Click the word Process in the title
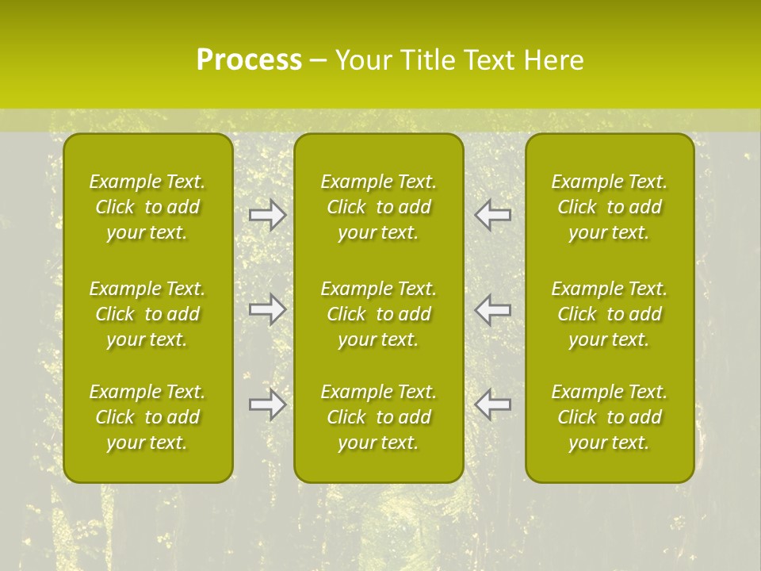[x=249, y=60]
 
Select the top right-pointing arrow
[x=268, y=214]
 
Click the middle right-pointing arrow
[x=268, y=309]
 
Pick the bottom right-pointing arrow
[x=268, y=404]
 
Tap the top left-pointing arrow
[x=492, y=214]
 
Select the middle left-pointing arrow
[x=492, y=309]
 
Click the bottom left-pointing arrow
[x=492, y=404]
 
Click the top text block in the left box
[x=147, y=207]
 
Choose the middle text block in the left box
[x=147, y=314]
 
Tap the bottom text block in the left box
[x=147, y=417]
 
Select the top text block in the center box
[x=379, y=207]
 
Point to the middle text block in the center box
[x=379, y=314]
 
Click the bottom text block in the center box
[x=379, y=417]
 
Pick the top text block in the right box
[x=610, y=207]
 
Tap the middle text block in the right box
[x=610, y=314]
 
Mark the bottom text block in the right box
[x=610, y=417]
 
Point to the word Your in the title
[x=363, y=60]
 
